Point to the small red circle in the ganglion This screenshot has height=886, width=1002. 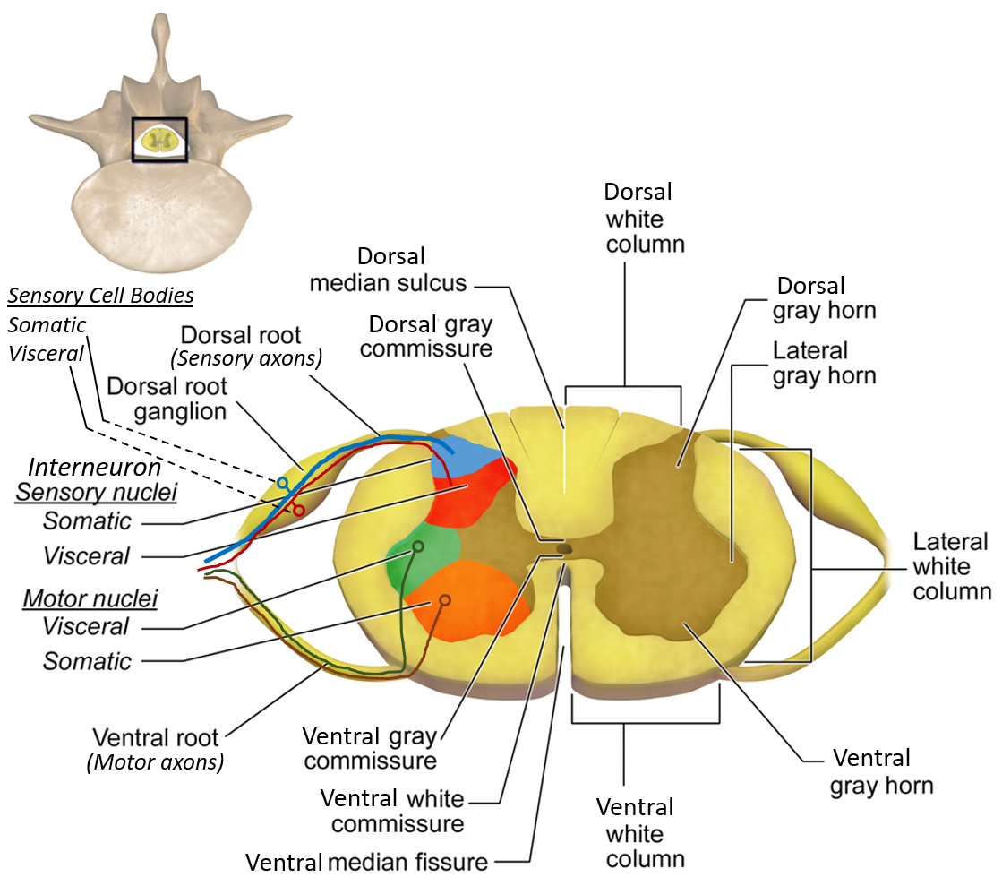(299, 510)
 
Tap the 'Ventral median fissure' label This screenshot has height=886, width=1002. (367, 863)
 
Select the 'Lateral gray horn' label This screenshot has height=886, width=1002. (824, 363)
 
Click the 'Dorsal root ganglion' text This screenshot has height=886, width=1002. (167, 400)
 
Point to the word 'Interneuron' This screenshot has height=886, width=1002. (95, 467)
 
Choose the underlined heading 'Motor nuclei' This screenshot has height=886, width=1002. (77, 598)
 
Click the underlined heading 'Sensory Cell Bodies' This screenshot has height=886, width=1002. (101, 296)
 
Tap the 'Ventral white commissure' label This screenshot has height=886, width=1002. (392, 810)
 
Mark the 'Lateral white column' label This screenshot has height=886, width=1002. (951, 566)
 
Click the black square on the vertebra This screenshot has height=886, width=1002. (159, 140)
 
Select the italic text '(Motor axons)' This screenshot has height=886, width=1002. (155, 762)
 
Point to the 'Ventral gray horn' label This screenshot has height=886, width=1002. (881, 771)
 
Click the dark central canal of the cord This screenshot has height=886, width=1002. (563, 547)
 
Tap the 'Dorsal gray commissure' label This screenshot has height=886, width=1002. (431, 335)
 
